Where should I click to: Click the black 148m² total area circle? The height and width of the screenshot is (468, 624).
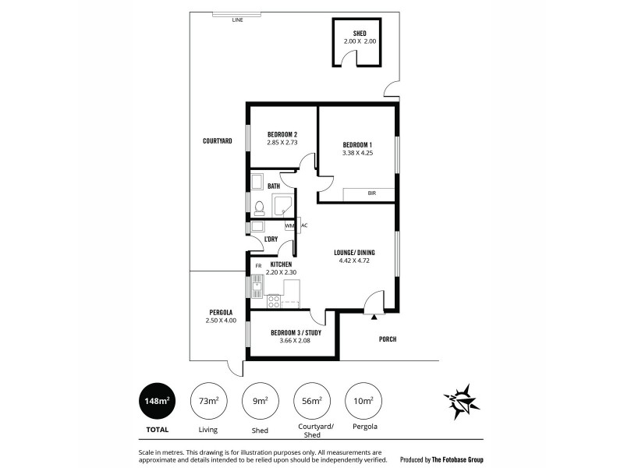click(157, 401)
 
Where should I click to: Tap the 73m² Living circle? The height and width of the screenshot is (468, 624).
click(208, 401)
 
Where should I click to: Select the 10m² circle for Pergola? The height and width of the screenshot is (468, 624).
click(363, 401)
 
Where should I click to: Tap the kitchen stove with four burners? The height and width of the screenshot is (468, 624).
click(274, 301)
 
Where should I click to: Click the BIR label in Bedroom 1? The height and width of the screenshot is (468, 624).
click(370, 193)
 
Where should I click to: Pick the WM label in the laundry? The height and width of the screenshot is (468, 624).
click(289, 226)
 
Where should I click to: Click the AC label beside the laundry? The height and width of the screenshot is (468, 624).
click(305, 226)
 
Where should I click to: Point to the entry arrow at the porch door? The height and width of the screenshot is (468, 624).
click(375, 317)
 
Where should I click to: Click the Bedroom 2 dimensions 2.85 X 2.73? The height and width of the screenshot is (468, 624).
click(282, 143)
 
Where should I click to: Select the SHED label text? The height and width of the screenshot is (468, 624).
click(360, 34)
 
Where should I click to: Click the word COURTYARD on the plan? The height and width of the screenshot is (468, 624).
click(217, 141)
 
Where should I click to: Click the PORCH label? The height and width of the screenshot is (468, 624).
click(388, 339)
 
